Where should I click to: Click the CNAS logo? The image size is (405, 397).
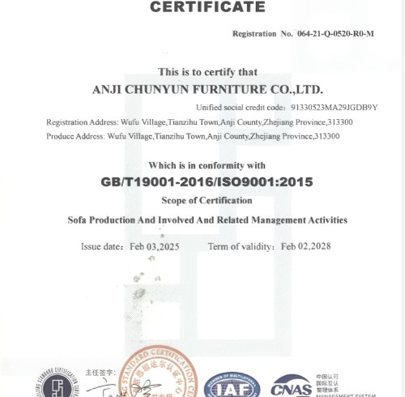(x=291, y=385)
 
